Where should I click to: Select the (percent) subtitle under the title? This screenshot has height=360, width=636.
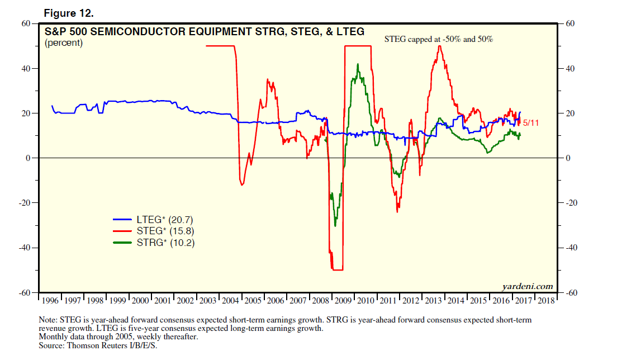click(x=64, y=43)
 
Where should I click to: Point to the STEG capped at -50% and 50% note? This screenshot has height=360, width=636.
click(x=439, y=40)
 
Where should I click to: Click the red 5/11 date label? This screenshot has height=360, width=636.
click(x=531, y=122)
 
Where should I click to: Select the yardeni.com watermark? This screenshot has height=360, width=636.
click(x=527, y=286)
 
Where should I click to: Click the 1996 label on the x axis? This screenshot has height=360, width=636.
click(x=50, y=300)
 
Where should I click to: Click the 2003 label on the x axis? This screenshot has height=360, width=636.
click(x=208, y=300)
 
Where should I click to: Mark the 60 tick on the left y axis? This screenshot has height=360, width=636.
click(x=25, y=23)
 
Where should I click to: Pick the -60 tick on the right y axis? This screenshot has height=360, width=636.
click(x=571, y=293)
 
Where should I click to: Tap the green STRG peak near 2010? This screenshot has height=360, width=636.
click(x=358, y=64)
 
